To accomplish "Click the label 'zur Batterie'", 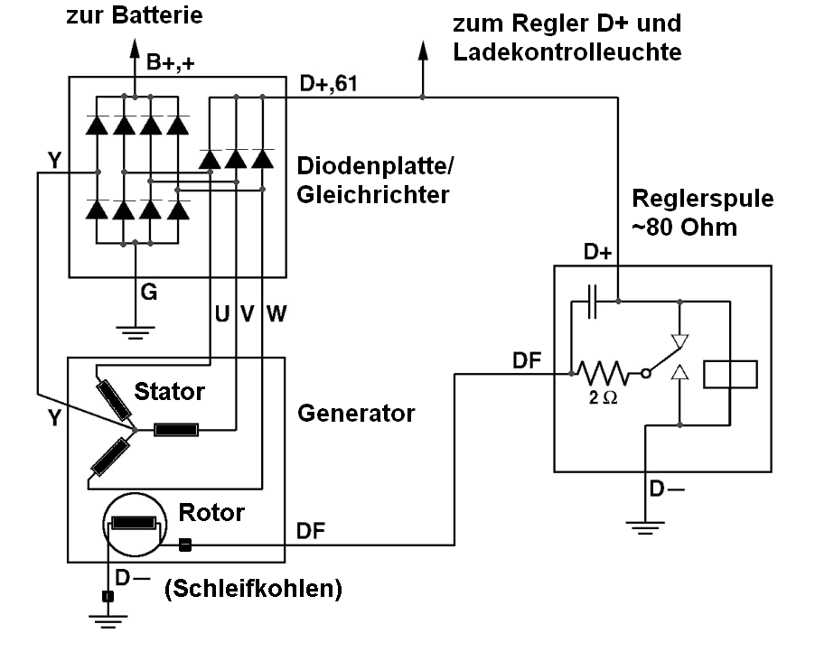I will coord(135,15).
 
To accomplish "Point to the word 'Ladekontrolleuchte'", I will coord(567,51).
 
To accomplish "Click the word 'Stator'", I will coord(169,392).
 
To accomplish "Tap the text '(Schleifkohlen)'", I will coord(253,590).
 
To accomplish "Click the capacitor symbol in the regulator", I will coord(594,302).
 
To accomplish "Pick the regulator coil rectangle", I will coord(729,373).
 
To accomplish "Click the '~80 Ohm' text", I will coord(684,227).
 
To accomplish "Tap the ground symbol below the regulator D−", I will coord(644,526).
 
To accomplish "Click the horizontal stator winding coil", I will coord(176,429).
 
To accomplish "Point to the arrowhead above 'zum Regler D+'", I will coord(421,50).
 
